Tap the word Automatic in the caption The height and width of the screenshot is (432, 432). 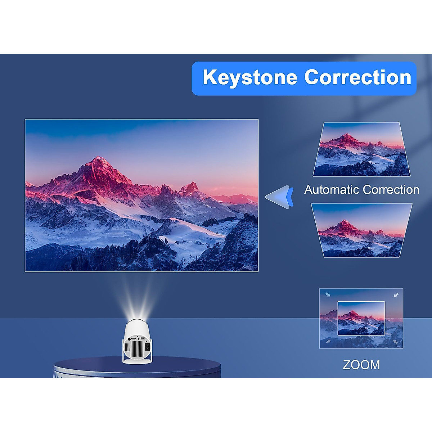pyautogui.click(x=332, y=190)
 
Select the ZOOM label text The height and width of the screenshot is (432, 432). pyautogui.click(x=361, y=365)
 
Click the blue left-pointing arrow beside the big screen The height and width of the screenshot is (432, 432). pyautogui.click(x=280, y=197)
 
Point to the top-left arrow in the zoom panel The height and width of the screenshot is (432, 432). pyautogui.click(x=328, y=294)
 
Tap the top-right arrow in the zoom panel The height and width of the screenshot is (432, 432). pyautogui.click(x=396, y=295)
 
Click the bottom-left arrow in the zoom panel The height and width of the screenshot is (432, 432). pyautogui.click(x=328, y=341)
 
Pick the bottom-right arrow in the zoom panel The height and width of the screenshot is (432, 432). pyautogui.click(x=396, y=342)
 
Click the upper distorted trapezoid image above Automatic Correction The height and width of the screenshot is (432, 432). pyautogui.click(x=361, y=149)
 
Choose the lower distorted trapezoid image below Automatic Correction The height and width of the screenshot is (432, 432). pyautogui.click(x=361, y=230)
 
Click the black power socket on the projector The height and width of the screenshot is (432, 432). pyautogui.click(x=147, y=348)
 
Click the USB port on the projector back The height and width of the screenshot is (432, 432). pyautogui.click(x=143, y=339)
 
